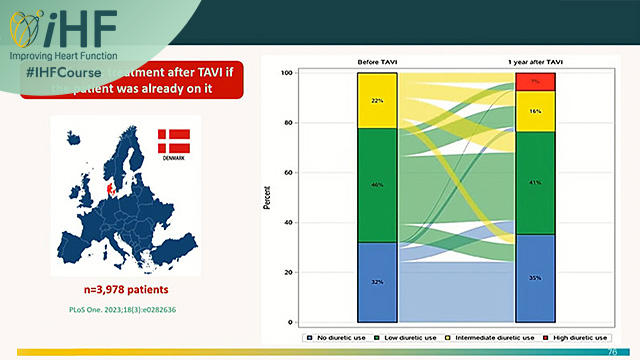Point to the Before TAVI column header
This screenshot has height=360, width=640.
tap(377, 62)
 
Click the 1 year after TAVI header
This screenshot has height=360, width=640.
tap(535, 62)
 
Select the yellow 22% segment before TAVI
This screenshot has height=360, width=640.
tap(377, 100)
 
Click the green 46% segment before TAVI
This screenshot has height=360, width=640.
tap(377, 185)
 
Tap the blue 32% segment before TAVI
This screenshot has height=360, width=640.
tap(377, 282)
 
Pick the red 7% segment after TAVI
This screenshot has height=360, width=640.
tap(535, 81)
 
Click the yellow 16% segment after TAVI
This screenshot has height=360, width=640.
tap(535, 111)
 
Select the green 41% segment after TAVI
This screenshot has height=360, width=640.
tap(535, 183)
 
